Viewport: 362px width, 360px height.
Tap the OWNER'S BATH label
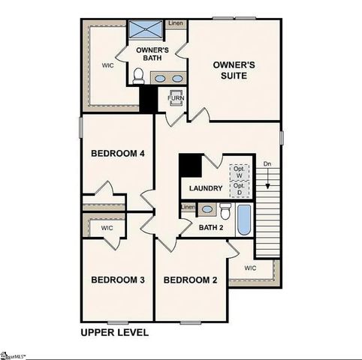pyautogui.click(x=156, y=55)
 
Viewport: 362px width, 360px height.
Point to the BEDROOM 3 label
pyautogui.click(x=117, y=280)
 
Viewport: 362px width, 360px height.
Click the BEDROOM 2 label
pyautogui.click(x=190, y=280)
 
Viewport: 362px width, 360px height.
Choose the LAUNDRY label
pyautogui.click(x=205, y=188)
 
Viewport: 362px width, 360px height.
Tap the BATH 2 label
pyautogui.click(x=212, y=227)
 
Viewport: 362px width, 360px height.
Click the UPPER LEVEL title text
pyautogui.click(x=114, y=331)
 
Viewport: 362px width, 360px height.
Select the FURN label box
pyautogui.click(x=176, y=98)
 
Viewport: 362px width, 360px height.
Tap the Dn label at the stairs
pyautogui.click(x=267, y=165)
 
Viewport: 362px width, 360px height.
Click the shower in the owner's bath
pyautogui.click(x=145, y=30)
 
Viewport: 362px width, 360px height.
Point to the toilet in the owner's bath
pyautogui.click(x=138, y=76)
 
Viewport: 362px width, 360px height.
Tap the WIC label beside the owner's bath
pyautogui.click(x=108, y=65)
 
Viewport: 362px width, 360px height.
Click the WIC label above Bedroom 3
pyautogui.click(x=107, y=227)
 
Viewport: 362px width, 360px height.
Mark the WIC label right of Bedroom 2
pyautogui.click(x=250, y=268)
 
